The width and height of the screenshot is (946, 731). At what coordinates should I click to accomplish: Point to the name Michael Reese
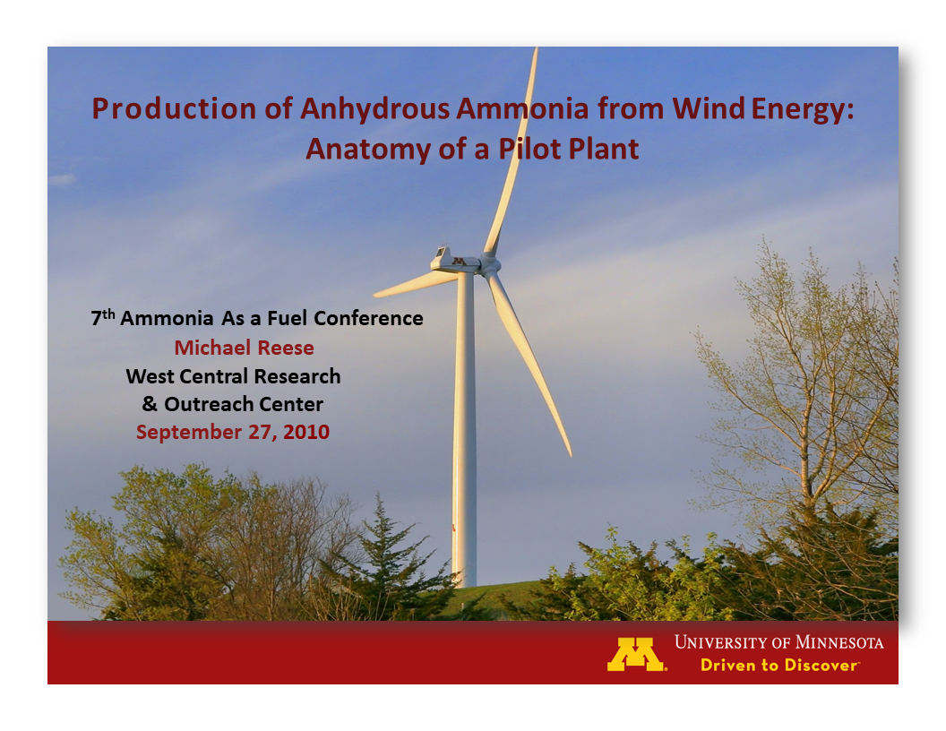(244, 347)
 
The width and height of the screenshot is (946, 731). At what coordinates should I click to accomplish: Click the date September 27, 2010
(233, 432)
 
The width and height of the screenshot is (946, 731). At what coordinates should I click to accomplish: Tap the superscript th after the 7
(108, 314)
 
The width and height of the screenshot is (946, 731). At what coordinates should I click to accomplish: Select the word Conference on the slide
(368, 318)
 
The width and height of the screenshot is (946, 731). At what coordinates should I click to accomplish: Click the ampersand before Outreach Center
(150, 404)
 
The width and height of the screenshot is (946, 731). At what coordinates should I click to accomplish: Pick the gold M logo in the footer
(637, 654)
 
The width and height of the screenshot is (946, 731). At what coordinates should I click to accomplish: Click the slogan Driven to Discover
(778, 665)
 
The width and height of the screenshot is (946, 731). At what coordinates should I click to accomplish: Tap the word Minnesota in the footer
(834, 642)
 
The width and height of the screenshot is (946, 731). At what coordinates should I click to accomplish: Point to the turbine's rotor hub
(488, 265)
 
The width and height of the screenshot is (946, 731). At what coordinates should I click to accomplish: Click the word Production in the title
(162, 108)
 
